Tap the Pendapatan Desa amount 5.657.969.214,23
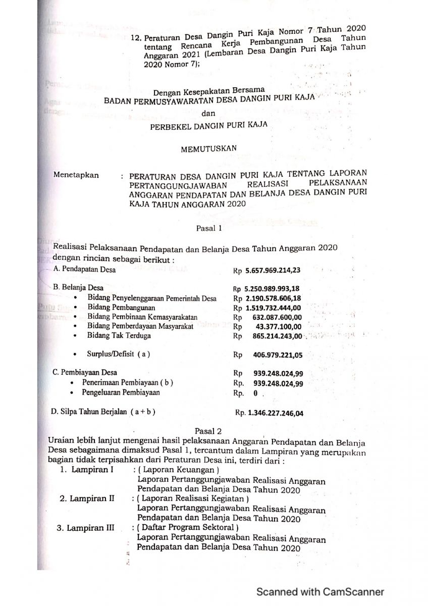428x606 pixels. (x=273, y=270)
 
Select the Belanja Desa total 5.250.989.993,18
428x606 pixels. (x=273, y=289)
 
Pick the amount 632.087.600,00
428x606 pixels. (x=278, y=317)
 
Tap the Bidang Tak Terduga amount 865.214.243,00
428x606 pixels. (x=278, y=336)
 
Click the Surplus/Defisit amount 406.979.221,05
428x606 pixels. (x=278, y=355)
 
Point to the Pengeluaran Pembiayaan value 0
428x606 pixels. (x=256, y=393)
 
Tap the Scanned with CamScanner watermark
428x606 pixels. (x=320, y=592)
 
